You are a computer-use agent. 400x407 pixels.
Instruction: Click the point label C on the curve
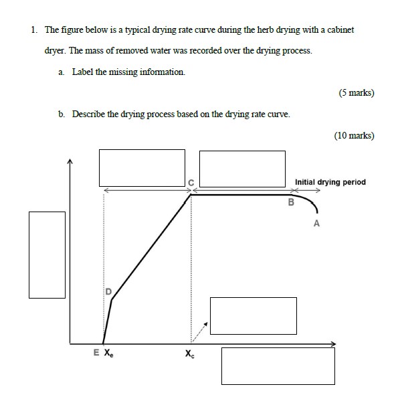tap(191, 182)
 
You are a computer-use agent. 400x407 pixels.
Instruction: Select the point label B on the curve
tap(291, 202)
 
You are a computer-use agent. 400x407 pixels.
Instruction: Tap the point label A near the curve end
tap(316, 224)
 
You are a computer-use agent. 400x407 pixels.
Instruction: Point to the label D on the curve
tap(107, 291)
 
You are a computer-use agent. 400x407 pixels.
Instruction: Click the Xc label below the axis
tap(191, 354)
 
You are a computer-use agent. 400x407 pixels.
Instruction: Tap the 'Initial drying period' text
tap(330, 182)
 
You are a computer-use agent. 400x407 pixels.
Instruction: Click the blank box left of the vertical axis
tap(47, 254)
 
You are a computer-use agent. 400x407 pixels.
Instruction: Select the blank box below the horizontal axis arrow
tap(278, 365)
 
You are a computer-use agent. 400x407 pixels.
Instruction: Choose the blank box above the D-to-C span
tap(142, 168)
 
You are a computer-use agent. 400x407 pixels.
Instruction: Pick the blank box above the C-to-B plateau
tap(242, 169)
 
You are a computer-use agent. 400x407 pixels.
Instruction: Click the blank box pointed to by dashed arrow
tap(253, 315)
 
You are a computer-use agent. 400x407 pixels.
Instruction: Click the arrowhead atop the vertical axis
tap(70, 161)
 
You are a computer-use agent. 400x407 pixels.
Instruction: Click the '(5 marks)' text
tap(356, 93)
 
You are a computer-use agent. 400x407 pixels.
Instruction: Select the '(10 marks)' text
tap(353, 135)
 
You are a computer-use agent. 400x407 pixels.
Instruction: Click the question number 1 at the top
tap(33, 30)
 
